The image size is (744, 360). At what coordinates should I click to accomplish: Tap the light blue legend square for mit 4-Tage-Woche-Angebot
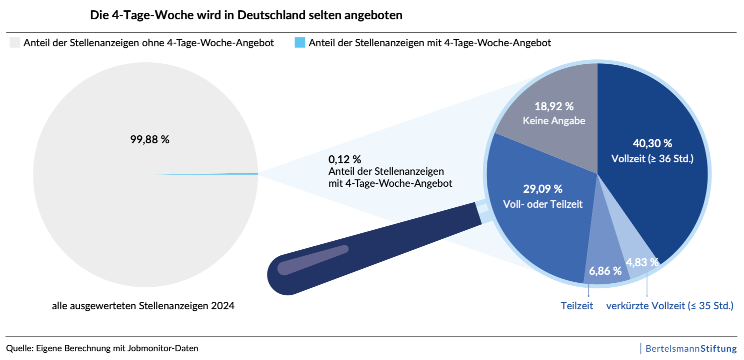coord(300,43)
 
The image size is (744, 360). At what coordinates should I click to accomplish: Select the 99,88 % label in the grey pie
coord(150,139)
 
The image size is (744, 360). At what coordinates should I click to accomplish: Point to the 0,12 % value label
coord(344,159)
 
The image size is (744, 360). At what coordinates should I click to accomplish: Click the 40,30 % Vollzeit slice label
coord(653,143)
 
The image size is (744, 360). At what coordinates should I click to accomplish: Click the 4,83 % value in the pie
coord(640,262)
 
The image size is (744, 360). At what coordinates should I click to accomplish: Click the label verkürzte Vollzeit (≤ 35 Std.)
coord(669,305)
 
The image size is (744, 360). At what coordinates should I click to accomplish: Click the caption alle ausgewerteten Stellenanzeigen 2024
coord(151,305)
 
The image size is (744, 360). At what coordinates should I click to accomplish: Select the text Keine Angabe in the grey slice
coord(553,120)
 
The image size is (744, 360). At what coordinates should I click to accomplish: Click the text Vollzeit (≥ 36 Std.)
coord(653,158)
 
